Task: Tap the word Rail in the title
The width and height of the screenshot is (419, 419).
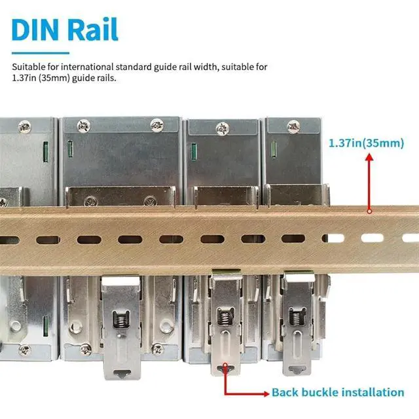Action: point(92,29)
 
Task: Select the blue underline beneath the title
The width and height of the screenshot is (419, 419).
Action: point(40,53)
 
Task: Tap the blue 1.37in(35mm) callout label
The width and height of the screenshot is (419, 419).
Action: point(366,143)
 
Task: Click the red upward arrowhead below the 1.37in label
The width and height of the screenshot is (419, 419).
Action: point(370,159)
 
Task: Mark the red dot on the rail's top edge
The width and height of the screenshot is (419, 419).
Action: point(370,211)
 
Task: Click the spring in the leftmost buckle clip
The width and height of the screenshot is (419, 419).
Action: point(120,320)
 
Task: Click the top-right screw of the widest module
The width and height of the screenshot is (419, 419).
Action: point(156,124)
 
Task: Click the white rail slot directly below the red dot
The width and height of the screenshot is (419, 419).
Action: point(371,239)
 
